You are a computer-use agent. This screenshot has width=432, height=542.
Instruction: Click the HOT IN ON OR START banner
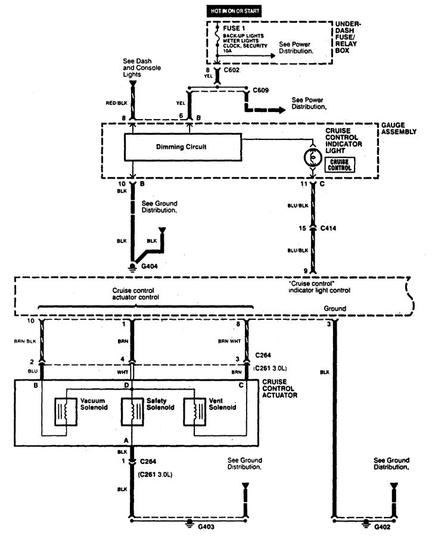click(x=235, y=11)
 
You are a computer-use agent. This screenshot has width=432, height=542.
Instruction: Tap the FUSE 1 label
click(x=234, y=29)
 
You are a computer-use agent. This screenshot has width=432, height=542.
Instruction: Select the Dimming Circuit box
click(x=183, y=147)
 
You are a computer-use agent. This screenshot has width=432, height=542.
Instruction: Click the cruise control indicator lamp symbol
click(x=313, y=158)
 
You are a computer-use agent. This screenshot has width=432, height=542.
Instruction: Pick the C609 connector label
click(x=260, y=90)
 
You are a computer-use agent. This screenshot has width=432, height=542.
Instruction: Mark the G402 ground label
click(x=383, y=527)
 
